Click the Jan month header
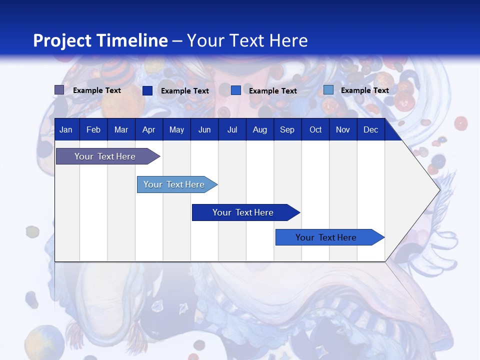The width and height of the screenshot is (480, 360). (66, 130)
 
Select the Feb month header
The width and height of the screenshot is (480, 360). (93, 130)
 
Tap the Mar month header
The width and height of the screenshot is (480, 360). (121, 130)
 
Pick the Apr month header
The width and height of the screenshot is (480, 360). (148, 130)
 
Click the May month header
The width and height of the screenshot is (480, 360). (176, 130)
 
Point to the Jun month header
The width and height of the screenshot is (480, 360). (204, 130)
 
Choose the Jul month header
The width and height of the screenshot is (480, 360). (232, 130)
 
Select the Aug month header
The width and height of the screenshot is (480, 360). (260, 130)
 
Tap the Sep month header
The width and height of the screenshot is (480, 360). (287, 130)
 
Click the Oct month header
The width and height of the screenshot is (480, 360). (315, 130)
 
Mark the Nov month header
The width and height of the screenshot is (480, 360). (343, 130)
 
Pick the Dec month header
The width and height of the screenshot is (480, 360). (371, 130)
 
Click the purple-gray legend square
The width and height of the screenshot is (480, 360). (59, 90)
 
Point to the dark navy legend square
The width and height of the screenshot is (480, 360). (147, 90)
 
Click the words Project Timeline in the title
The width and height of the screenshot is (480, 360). (100, 40)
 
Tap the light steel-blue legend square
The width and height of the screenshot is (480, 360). (328, 90)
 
